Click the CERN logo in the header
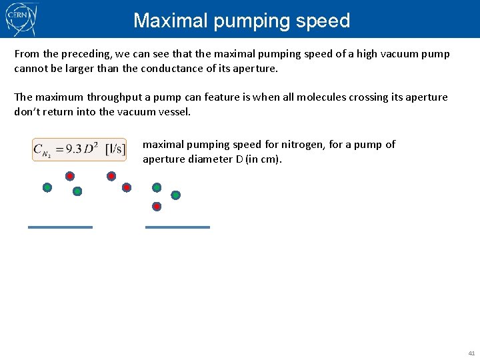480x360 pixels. tap(21, 19)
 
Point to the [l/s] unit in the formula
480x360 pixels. tap(115, 149)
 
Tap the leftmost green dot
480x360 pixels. tap(47, 188)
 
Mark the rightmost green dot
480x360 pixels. tap(175, 195)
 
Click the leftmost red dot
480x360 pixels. tap(69, 177)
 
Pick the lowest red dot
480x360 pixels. tap(157, 207)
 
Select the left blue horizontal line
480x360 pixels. tap(60, 227)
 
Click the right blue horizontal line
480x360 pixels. tap(177, 227)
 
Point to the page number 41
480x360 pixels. tap(471, 353)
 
